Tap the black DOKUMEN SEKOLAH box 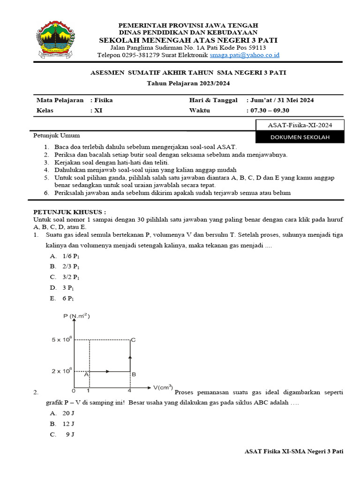tap(300, 137)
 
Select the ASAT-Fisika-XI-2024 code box tap(300, 125)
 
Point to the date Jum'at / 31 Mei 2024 tap(280, 100)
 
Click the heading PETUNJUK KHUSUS tap(69, 212)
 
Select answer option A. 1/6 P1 tap(64, 256)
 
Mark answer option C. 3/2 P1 tap(64, 277)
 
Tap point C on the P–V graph tap(133, 339)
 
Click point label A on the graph tap(86, 374)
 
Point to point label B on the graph tap(134, 374)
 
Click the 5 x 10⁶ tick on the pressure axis tap(61, 339)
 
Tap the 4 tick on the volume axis tap(130, 390)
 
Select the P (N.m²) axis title tap(76, 316)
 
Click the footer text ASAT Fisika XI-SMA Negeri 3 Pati tap(294, 451)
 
